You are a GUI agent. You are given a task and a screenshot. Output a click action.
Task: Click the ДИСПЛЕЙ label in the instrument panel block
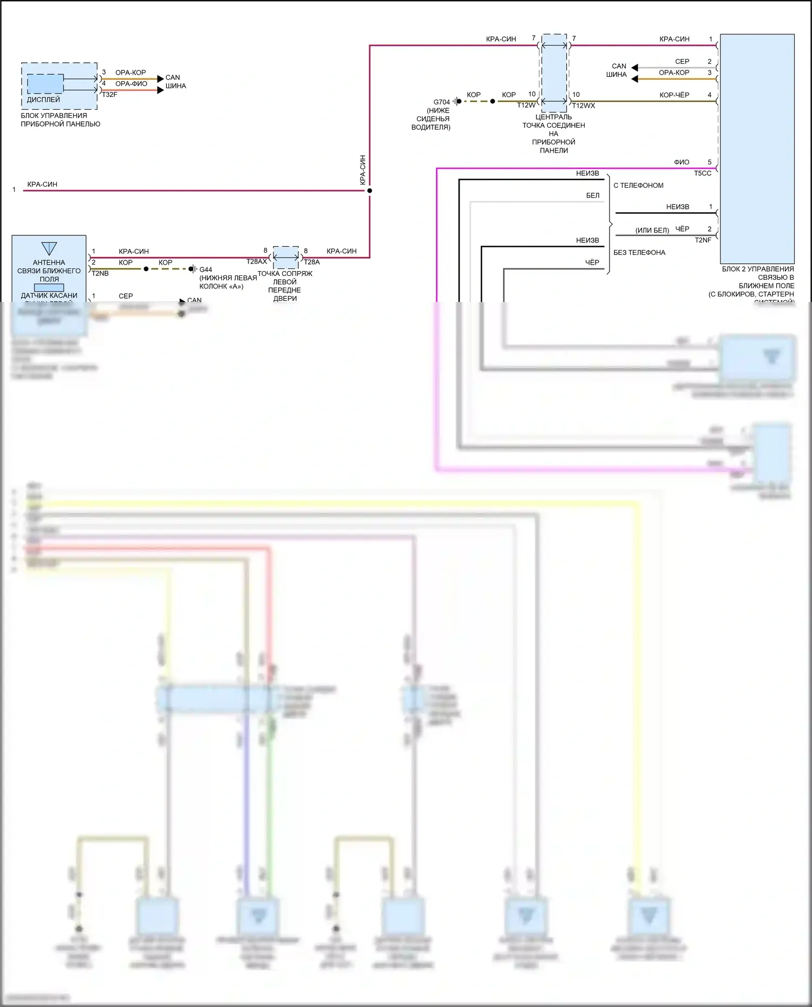coord(43,100)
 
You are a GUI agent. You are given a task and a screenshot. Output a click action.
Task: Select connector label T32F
coord(109,95)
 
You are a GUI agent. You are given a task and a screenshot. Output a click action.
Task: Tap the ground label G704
coord(442,102)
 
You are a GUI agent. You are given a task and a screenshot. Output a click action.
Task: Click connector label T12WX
coord(584,106)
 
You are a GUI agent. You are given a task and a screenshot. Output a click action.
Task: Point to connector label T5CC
coord(703,173)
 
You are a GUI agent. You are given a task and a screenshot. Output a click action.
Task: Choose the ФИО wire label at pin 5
coord(682,162)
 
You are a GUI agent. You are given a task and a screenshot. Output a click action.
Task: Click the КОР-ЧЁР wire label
coord(674,95)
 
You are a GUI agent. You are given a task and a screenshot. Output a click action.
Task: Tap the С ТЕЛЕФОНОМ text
coord(638,186)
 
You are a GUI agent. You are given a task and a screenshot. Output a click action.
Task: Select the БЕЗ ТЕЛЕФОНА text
coord(639,253)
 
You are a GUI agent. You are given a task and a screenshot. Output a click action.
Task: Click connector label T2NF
coord(703,240)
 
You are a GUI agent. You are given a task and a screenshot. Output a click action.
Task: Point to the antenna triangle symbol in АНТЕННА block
coord(49,248)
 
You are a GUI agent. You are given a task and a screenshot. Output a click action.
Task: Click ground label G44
coord(206,269)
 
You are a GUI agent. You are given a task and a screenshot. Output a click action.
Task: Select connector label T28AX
coord(257,262)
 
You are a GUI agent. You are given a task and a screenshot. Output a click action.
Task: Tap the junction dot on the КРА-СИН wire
coord(370,190)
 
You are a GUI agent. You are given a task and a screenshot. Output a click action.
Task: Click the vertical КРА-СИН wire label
coord(363,170)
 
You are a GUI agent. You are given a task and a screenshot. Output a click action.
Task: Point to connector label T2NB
coord(100,274)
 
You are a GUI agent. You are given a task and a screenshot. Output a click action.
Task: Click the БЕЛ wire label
coord(593,195)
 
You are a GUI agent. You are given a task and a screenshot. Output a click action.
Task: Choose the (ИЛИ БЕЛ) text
coord(652,231)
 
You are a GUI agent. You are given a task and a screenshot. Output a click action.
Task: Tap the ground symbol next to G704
coord(457,101)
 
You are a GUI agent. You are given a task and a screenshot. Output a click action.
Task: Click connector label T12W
coord(526,106)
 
